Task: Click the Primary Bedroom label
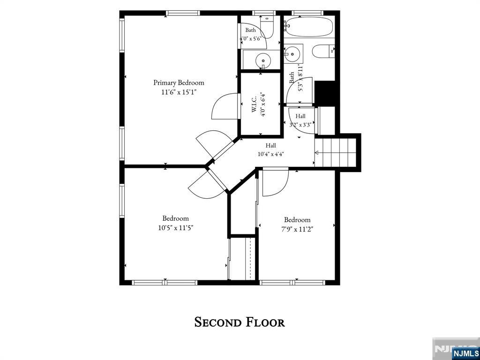tap(179, 82)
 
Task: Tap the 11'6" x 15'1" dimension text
tap(179, 92)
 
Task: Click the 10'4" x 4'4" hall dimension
tap(270, 154)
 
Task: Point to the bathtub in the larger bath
tap(309, 27)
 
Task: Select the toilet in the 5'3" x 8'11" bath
tap(323, 51)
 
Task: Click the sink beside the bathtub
tap(293, 54)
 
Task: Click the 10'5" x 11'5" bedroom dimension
tap(176, 228)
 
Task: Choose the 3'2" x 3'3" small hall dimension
tap(300, 125)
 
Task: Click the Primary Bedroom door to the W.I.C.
tap(225, 106)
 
